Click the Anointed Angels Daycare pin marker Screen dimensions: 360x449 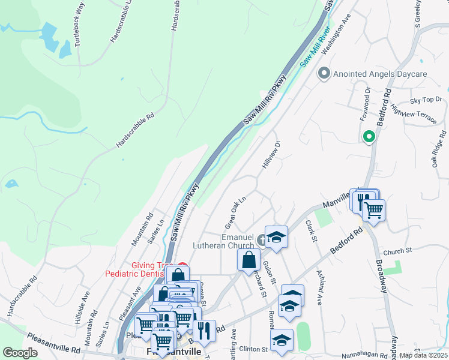click(325, 74)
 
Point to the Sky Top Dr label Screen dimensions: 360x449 click(426, 100)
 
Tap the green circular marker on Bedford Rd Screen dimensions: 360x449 click(369, 137)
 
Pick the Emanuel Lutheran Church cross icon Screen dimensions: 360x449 click(262, 240)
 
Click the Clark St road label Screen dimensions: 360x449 click(310, 230)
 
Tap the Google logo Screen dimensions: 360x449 click(20, 353)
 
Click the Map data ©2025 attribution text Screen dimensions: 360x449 click(423, 355)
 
